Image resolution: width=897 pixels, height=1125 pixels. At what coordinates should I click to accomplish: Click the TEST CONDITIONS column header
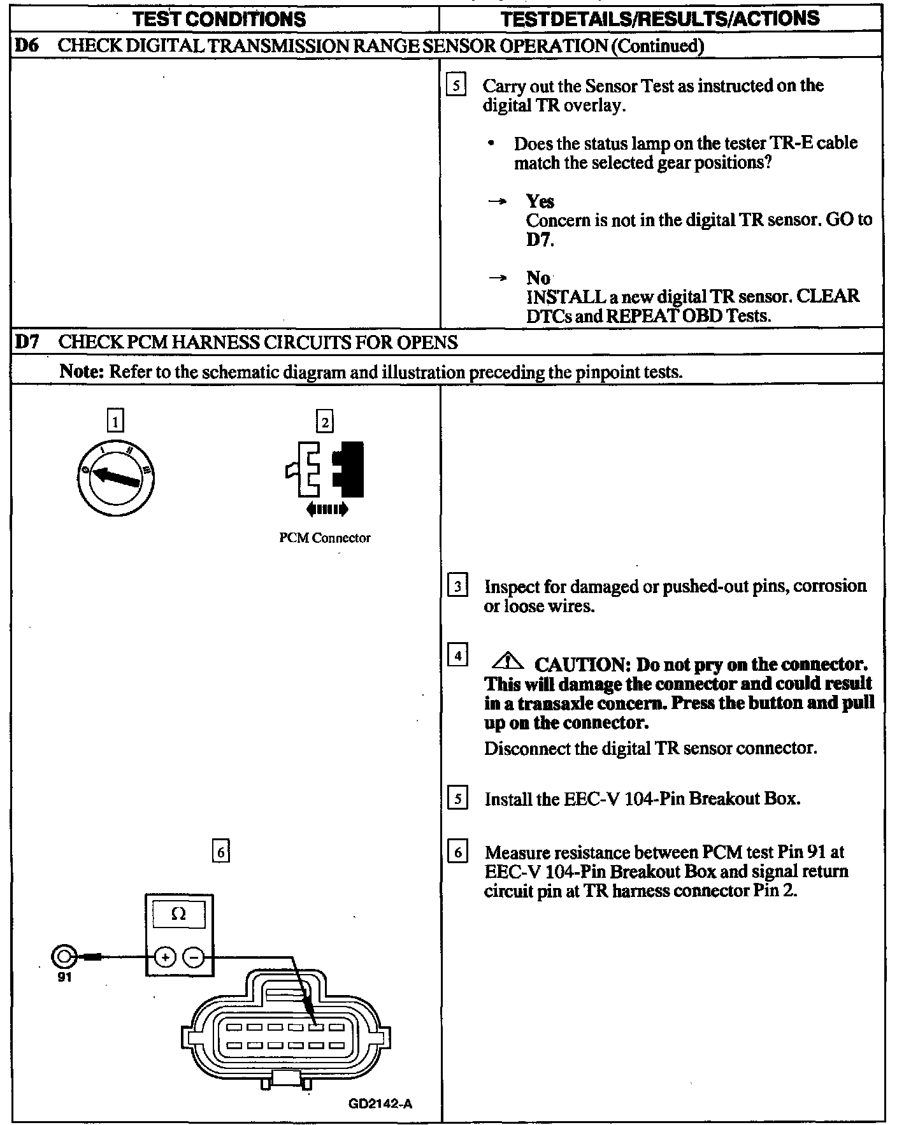pos(220,19)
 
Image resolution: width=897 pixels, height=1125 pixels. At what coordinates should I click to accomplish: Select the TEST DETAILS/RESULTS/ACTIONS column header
pos(660,18)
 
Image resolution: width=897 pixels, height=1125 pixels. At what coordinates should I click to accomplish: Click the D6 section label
pos(25,46)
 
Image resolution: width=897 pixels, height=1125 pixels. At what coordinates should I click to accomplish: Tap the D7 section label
pos(25,343)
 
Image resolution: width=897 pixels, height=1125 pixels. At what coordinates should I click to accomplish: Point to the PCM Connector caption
pos(324,538)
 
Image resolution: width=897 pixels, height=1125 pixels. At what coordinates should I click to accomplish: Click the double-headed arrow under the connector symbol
pos(327,508)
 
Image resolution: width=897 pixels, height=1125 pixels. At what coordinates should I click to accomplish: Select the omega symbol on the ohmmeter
pos(179,915)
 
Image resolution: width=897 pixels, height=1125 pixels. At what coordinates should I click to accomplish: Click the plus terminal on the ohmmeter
pos(165,956)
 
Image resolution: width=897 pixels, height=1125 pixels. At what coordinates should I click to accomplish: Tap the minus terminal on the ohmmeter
pos(195,956)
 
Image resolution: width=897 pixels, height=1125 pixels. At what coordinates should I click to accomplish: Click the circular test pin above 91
pos(64,956)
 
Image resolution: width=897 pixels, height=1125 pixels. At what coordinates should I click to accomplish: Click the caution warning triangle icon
pos(508,662)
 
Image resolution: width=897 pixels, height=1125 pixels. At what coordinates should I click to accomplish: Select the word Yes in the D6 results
pos(540,201)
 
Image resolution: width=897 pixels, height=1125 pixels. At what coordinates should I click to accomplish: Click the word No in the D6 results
pos(538,278)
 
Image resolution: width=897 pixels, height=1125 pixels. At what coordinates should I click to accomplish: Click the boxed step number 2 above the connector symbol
pos(325,422)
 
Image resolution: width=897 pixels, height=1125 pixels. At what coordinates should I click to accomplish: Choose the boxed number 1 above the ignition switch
pos(115,421)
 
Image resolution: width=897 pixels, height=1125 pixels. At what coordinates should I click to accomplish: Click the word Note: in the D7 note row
pos(82,371)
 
